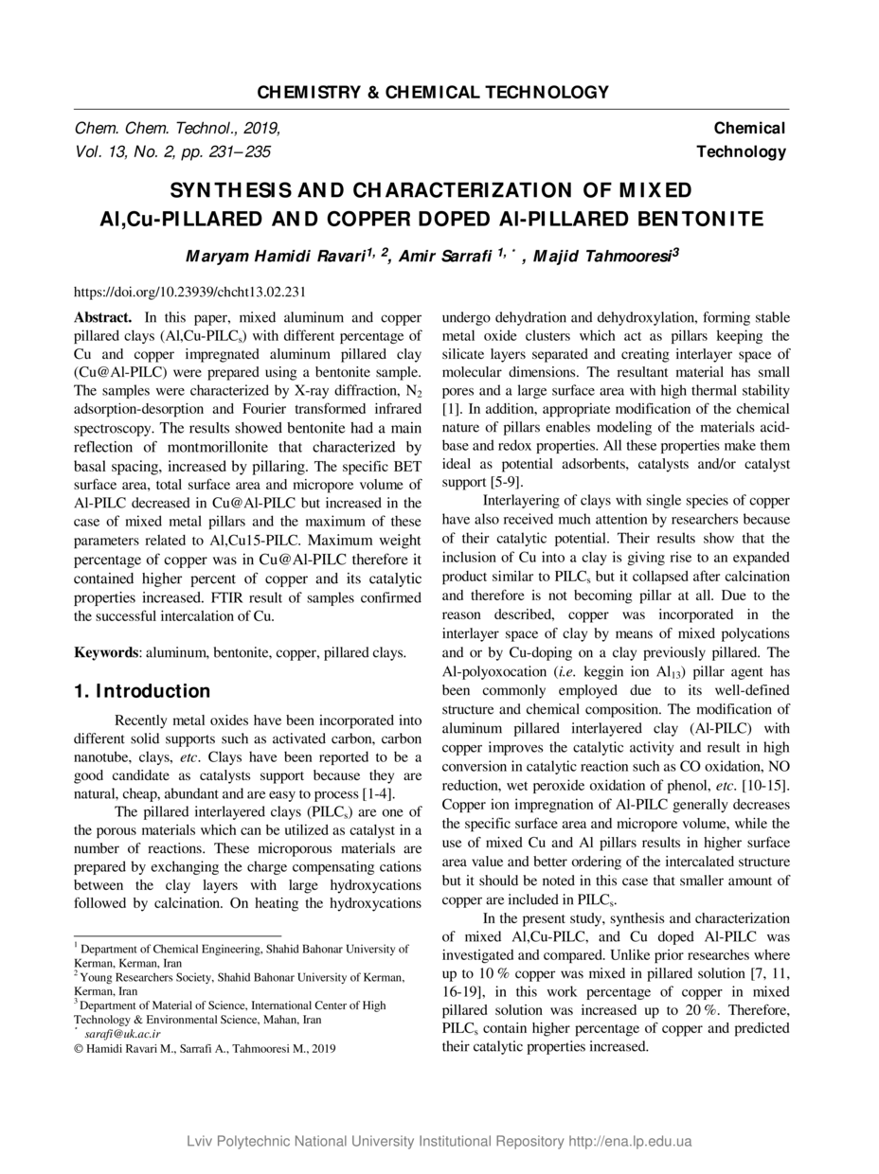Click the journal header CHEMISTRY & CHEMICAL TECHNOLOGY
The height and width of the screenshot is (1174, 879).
pyautogui.click(x=433, y=92)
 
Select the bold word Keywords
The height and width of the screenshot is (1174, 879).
pyautogui.click(x=106, y=652)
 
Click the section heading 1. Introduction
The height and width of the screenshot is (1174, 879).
pyautogui.click(x=142, y=691)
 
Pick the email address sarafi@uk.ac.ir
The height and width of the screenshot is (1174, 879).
pyautogui.click(x=122, y=1034)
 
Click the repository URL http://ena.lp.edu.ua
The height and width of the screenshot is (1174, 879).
pyautogui.click(x=630, y=1141)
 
